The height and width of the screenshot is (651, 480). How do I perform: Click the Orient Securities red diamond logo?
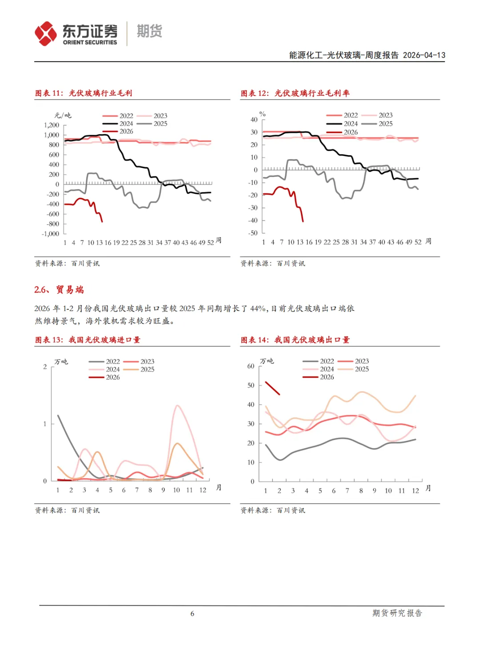pos(46,34)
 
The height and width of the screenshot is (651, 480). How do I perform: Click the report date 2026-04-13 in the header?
pos(424,55)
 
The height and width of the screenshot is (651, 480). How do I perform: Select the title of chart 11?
pos(84,93)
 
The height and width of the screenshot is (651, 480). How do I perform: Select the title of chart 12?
pos(295,93)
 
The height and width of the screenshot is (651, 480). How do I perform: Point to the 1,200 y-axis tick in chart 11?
pos(52,125)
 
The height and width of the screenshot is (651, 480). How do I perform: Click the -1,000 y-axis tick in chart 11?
pos(51,234)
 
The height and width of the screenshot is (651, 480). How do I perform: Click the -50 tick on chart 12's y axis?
pos(253,233)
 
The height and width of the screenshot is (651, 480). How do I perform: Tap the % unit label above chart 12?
pos(263,114)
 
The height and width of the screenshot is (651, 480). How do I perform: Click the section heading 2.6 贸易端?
pos(59,290)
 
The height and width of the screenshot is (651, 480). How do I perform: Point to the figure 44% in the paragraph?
pos(258,308)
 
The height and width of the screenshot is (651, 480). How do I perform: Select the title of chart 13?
pos(88,340)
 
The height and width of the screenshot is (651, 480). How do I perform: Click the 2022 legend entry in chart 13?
pos(105,362)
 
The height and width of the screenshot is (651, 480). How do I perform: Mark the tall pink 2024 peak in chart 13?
pos(177,406)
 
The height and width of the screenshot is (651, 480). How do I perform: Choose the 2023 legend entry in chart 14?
pos(354,361)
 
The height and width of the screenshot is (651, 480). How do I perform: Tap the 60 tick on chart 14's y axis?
pos(251,366)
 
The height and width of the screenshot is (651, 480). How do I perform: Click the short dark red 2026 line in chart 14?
pos(272,388)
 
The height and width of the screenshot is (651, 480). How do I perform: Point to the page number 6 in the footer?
pos(192,614)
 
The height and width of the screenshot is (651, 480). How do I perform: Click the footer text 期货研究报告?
pos(397,613)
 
